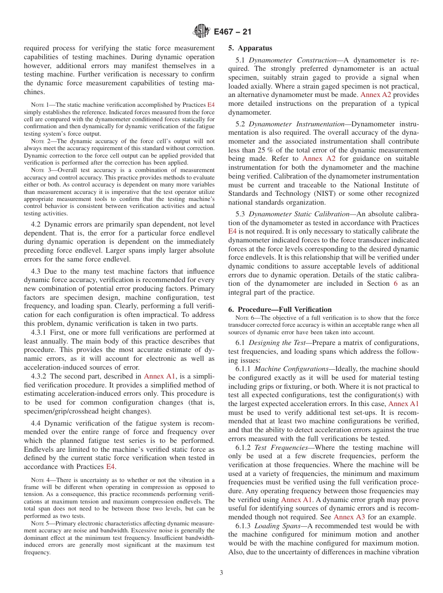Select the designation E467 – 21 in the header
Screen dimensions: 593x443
point(232,32)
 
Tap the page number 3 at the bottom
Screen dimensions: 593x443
point(221,573)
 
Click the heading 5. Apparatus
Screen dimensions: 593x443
point(250,48)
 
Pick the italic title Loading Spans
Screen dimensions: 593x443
point(280,526)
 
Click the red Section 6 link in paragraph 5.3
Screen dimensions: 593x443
point(395,283)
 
